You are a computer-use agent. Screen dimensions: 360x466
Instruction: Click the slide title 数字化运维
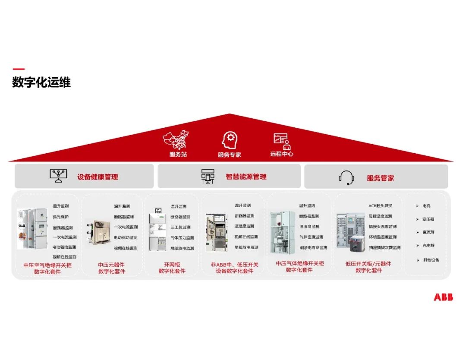click(41, 82)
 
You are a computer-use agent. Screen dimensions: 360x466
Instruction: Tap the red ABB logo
click(443, 297)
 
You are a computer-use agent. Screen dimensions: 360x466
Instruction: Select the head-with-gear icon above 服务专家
click(230, 141)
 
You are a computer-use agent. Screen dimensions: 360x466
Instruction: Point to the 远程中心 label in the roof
click(281, 154)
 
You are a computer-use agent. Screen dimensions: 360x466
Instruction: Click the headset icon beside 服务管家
click(346, 177)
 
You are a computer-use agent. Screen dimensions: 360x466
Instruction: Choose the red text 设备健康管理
click(98, 177)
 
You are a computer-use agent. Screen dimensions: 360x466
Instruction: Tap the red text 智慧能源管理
click(246, 177)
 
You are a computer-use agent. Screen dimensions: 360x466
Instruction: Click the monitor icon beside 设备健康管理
click(58, 176)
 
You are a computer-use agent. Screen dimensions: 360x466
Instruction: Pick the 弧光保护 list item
click(60, 217)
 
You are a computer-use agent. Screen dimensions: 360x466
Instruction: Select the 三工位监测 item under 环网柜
click(180, 227)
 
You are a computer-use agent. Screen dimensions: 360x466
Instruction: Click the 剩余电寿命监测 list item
click(313, 247)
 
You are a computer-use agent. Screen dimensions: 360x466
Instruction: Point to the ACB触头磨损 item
click(380, 206)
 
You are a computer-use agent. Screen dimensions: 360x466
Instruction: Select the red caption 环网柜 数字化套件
click(172, 268)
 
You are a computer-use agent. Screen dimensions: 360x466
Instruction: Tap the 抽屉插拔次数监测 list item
click(384, 247)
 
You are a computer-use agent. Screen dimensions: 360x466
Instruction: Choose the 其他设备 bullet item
click(431, 260)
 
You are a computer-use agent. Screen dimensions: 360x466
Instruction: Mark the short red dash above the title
click(19, 69)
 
